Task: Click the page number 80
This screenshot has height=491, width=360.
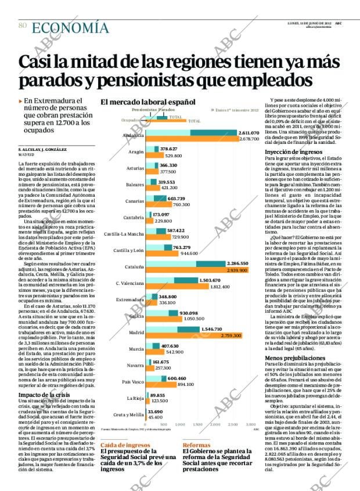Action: pyautogui.click(x=22, y=26)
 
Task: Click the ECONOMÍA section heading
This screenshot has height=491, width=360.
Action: pyautogui.click(x=70, y=27)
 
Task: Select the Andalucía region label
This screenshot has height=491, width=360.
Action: pyautogui.click(x=134, y=135)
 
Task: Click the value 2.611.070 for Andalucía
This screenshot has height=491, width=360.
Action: pyautogui.click(x=248, y=133)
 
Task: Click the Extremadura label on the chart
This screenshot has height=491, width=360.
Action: pyautogui.click(x=129, y=300)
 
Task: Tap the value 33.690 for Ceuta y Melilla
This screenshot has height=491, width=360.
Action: pyautogui.click(x=156, y=411)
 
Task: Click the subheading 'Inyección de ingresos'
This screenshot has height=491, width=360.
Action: pyautogui.click(x=290, y=152)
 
